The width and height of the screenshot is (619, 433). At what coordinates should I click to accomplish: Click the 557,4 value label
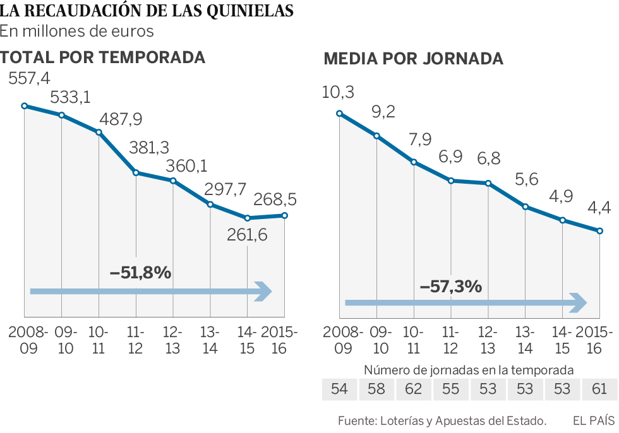[x=29, y=79]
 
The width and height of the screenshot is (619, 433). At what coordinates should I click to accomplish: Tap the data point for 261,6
[x=248, y=218]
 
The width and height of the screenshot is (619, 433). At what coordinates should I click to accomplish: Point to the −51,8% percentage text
[x=140, y=273]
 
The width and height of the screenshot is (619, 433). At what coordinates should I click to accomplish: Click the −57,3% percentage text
[x=451, y=286]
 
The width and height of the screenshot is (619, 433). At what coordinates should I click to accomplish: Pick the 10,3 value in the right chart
[x=338, y=92]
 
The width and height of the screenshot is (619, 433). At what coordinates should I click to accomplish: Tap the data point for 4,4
[x=600, y=231]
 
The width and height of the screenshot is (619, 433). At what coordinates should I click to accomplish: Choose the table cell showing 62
[x=414, y=389]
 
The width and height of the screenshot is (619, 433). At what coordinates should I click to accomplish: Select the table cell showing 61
[x=599, y=389]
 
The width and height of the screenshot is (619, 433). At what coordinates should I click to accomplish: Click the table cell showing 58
[x=376, y=389]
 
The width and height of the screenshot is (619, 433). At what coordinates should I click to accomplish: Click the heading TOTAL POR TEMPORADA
[x=103, y=57]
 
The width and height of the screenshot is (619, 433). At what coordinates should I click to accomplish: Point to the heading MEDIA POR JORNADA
[x=413, y=59]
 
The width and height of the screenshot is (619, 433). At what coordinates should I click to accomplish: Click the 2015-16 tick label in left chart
[x=279, y=340]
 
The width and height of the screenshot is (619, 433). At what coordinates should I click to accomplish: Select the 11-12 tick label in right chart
[x=450, y=340]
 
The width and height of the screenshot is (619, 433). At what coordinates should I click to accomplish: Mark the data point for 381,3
[x=136, y=172]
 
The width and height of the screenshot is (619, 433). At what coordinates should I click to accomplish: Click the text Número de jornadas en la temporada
[x=469, y=370]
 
